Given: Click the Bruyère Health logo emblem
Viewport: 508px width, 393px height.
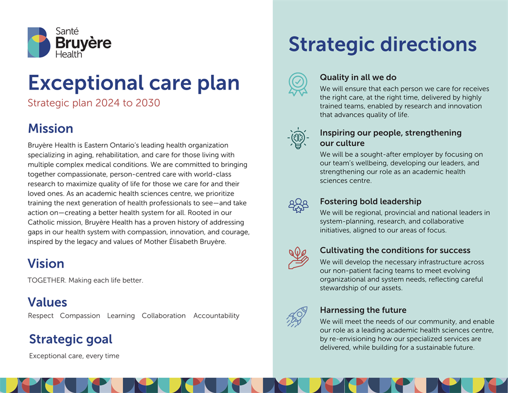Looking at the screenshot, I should [x=39, y=42].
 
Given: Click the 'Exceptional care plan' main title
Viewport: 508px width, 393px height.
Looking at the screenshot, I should [x=133, y=83].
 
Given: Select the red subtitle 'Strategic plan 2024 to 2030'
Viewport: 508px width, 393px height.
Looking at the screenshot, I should [x=94, y=103].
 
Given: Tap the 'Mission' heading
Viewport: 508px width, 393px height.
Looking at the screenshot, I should [x=50, y=128].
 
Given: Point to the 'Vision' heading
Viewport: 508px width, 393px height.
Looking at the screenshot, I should [x=46, y=264].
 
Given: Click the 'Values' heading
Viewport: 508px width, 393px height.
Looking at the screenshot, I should [x=48, y=302].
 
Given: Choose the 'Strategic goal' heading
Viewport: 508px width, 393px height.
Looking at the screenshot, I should [x=71, y=339].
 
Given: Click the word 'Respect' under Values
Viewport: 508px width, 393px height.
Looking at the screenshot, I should [x=41, y=316].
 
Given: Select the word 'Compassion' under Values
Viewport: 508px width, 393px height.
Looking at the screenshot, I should [x=80, y=316].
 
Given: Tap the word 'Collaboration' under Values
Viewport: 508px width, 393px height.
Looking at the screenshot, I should [x=164, y=316].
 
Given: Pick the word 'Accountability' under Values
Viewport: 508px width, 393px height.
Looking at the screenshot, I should [x=216, y=316].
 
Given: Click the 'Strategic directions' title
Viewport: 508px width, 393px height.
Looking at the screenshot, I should [x=382, y=44].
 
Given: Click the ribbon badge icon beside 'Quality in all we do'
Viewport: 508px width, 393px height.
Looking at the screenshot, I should [x=298, y=84].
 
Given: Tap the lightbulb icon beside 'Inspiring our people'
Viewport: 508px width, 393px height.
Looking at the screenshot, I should [x=298, y=138].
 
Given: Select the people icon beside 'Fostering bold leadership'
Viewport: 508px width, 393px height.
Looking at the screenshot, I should [x=298, y=205].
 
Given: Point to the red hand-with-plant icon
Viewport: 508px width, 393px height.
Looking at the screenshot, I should [x=298, y=258].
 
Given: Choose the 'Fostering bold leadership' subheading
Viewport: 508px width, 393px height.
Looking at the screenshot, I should [x=371, y=202].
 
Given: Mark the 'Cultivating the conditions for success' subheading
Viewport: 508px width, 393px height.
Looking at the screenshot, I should [x=395, y=250].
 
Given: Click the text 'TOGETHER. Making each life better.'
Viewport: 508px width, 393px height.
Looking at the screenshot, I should [x=85, y=280].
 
